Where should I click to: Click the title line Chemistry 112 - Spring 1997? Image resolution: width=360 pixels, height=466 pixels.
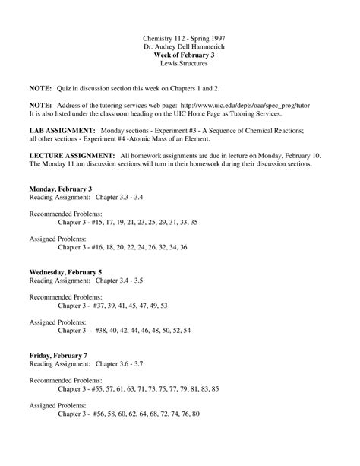click(179, 37)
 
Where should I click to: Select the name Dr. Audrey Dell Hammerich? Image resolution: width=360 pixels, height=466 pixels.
click(179, 47)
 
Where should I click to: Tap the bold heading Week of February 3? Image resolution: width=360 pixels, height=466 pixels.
click(179, 56)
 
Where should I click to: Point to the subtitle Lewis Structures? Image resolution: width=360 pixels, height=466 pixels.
click(179, 65)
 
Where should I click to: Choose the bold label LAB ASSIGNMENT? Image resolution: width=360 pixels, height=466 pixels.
click(58, 131)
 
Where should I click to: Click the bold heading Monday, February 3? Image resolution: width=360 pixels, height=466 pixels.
click(61, 188)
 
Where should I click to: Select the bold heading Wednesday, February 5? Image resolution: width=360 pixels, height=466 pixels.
click(65, 271)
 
